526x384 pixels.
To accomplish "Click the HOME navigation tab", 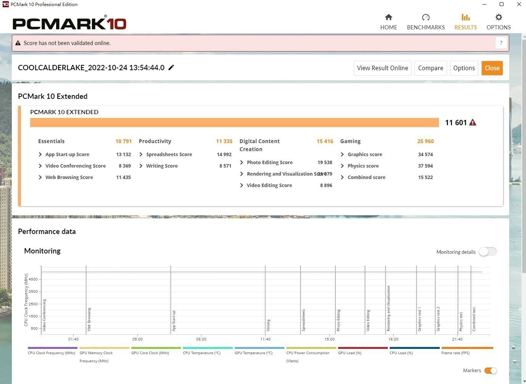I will (389, 22).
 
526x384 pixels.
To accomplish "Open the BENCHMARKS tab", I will (426, 22).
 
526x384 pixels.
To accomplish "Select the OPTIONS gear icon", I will (499, 17).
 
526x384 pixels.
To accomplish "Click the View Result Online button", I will (382, 68).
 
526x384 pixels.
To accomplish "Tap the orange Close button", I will (492, 68).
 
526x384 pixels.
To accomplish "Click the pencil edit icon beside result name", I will (171, 68).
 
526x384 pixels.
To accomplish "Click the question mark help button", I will (501, 43).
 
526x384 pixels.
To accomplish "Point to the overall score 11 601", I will (456, 123).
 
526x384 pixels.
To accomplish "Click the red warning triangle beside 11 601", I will (473, 123).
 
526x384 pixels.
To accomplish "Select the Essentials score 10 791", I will (123, 141).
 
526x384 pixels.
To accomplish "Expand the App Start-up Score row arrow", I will (40, 154).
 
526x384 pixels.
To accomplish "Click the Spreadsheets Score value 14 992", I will (224, 154).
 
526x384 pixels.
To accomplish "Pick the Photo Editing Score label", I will (269, 162).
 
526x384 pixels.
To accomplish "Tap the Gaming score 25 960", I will (425, 141).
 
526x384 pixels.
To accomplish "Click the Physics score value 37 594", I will (425, 166).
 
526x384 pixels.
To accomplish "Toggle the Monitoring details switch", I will (487, 252).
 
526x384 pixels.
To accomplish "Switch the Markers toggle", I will (490, 371).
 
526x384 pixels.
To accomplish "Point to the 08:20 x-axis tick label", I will (201, 339).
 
